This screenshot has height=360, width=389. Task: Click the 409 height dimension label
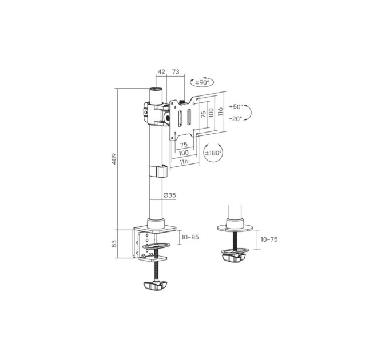click(x=114, y=159)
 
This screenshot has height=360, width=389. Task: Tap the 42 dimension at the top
click(x=161, y=72)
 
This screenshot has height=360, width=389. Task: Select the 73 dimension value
click(x=176, y=72)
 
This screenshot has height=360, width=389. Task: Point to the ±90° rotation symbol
click(x=202, y=82)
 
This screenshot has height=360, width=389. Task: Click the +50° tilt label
click(x=236, y=107)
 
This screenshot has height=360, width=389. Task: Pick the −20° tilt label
click(x=236, y=119)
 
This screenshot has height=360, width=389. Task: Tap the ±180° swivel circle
click(x=213, y=153)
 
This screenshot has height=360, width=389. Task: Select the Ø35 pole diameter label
click(x=170, y=195)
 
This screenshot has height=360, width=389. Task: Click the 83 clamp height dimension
click(x=114, y=243)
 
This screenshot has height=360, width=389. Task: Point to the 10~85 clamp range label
click(x=190, y=237)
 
